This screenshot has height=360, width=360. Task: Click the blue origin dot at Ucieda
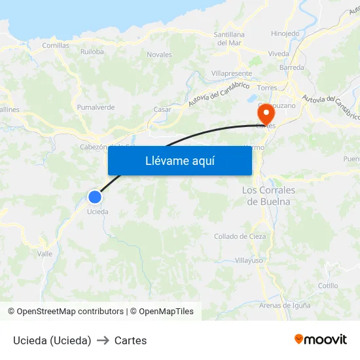point(95,196)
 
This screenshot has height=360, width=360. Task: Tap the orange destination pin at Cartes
point(266,114)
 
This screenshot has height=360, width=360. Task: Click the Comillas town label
point(56,45)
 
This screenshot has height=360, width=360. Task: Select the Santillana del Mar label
point(229,39)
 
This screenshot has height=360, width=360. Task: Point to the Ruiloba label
point(92,52)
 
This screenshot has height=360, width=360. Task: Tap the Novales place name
point(159,54)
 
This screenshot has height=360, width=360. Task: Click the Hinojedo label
point(285,33)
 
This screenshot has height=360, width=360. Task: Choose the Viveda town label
point(278,54)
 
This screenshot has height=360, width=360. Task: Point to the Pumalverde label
point(96,107)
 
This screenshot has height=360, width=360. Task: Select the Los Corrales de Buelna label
point(268,196)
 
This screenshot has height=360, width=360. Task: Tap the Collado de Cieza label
point(240,236)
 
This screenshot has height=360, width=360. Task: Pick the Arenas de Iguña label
point(284,306)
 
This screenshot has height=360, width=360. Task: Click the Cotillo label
point(328,285)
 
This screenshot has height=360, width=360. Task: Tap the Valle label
point(45,253)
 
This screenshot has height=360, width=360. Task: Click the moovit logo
point(321,340)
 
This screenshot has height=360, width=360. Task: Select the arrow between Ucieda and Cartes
point(103,340)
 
